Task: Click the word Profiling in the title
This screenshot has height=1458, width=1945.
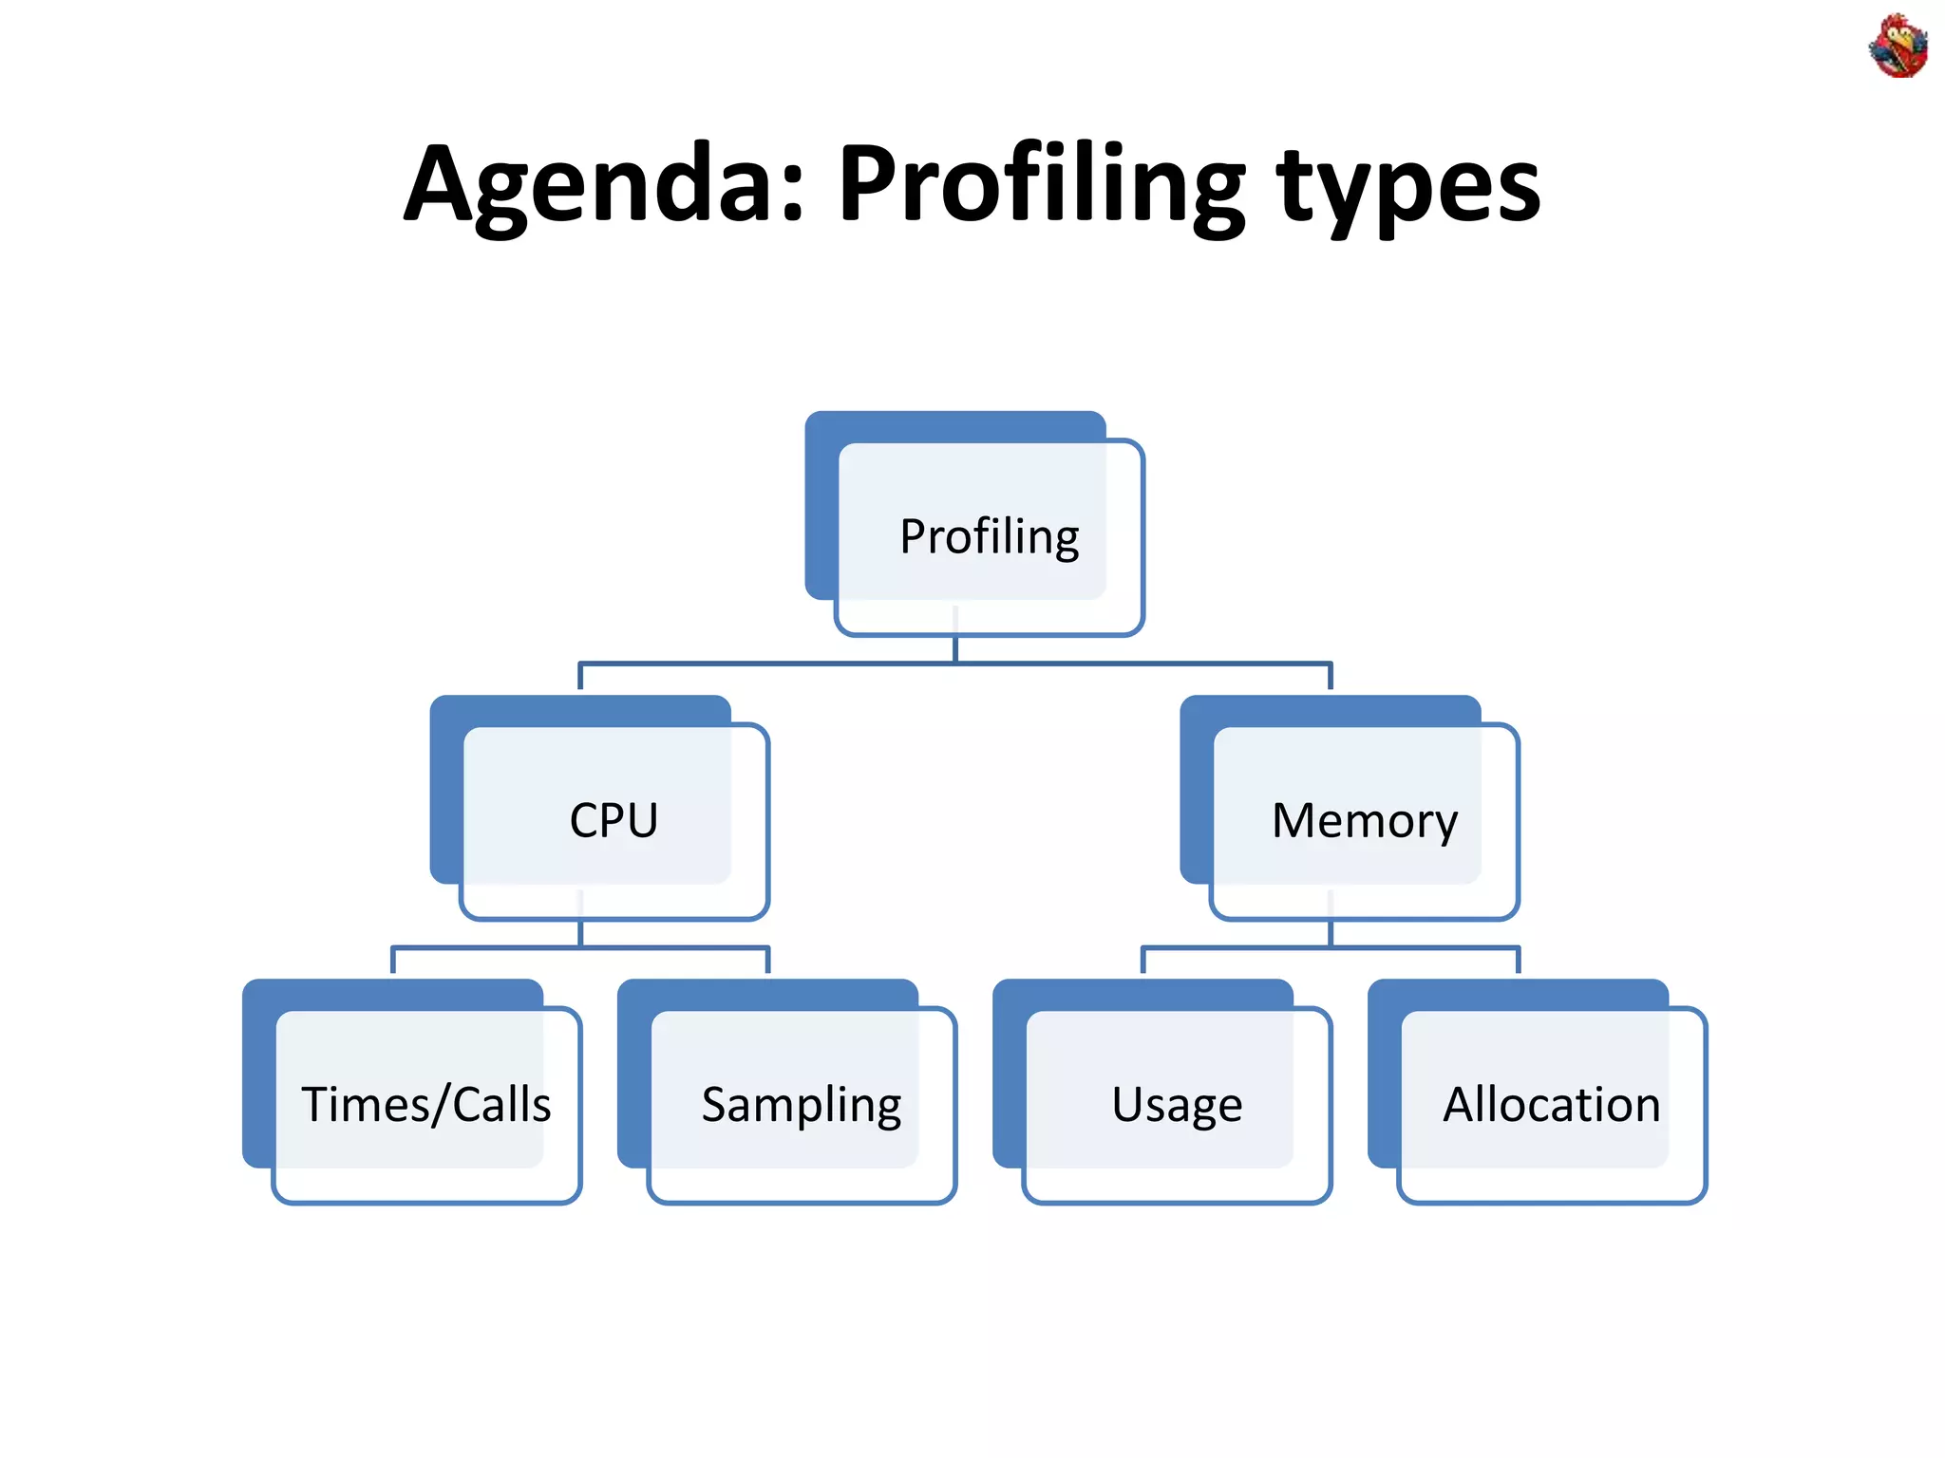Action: click(1040, 185)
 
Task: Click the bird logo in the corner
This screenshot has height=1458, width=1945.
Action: click(1898, 46)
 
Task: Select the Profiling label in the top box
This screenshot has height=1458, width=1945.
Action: click(989, 537)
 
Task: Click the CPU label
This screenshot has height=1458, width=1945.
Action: click(614, 821)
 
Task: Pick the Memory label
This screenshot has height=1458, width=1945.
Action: click(1364, 821)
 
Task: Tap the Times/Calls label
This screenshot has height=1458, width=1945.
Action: click(425, 1105)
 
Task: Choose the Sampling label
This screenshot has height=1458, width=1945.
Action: click(801, 1105)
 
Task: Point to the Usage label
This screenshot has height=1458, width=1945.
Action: click(1177, 1105)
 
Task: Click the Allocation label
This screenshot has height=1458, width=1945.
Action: click(1551, 1105)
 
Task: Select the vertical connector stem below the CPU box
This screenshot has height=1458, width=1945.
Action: click(580, 933)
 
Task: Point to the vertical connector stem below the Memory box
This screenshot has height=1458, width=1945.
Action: click(1330, 933)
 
